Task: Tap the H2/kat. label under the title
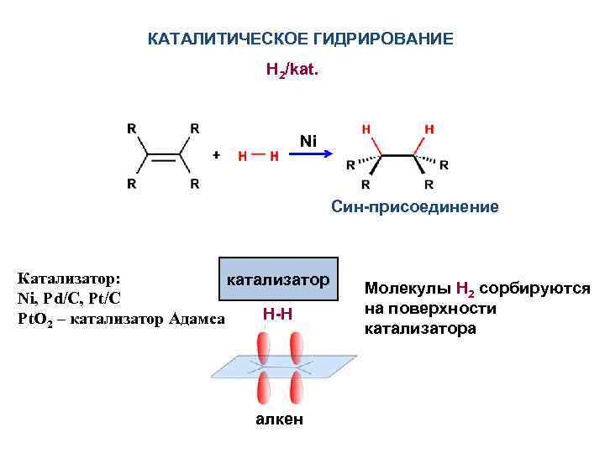(x=292, y=71)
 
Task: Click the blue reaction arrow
(x=312, y=156)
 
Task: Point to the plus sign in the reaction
(x=216, y=155)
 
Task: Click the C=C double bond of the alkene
(x=163, y=155)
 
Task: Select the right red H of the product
(x=429, y=129)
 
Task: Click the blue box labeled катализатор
(x=277, y=279)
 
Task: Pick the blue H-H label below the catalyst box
(x=277, y=314)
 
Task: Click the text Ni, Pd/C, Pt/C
(x=69, y=298)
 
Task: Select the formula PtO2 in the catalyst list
(x=36, y=319)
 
